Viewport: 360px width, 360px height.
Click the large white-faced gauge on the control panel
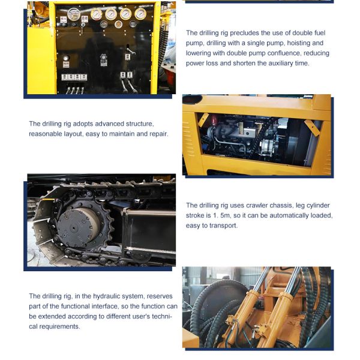point(74,14)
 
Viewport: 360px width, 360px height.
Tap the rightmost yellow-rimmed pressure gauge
point(140,14)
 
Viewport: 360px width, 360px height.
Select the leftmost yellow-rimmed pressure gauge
point(96,14)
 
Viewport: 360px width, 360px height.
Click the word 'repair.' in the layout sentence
point(157,134)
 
